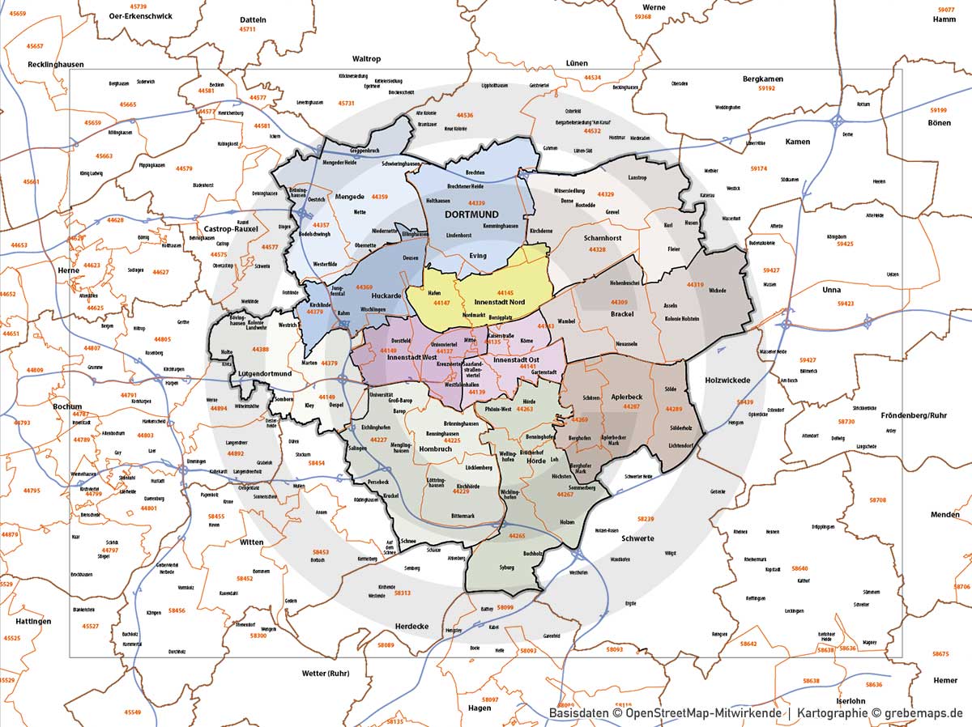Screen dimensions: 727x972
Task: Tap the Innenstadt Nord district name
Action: point(499,302)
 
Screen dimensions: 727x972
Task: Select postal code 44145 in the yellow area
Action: point(505,292)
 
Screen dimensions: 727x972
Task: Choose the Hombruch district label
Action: point(435,449)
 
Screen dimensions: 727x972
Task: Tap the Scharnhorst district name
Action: point(603,238)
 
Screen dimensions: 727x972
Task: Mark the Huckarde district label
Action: point(386,295)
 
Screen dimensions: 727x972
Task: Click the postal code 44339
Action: point(476,203)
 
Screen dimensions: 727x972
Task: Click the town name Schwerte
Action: point(637,538)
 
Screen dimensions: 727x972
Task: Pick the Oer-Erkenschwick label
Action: point(134,15)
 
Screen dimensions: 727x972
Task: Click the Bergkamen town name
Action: point(762,79)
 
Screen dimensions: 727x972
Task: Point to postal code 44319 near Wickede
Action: point(694,284)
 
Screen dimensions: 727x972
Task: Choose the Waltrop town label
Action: point(366,59)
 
